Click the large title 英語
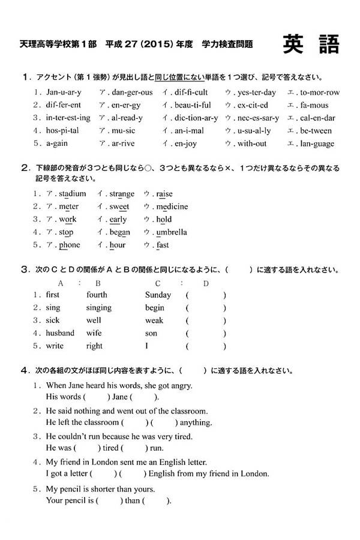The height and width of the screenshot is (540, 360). (x=311, y=44)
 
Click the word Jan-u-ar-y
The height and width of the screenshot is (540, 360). (x=64, y=92)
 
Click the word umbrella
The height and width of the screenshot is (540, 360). (x=172, y=232)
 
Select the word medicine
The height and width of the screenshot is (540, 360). (x=172, y=207)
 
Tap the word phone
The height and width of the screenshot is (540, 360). (x=70, y=245)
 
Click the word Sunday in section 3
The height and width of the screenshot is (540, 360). (x=158, y=295)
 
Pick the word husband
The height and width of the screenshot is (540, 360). (x=60, y=333)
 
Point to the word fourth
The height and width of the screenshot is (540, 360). (x=97, y=295)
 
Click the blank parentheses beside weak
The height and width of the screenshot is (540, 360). (x=206, y=320)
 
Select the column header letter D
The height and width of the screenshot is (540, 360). (x=206, y=283)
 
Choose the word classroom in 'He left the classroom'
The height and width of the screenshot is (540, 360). (x=99, y=423)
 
